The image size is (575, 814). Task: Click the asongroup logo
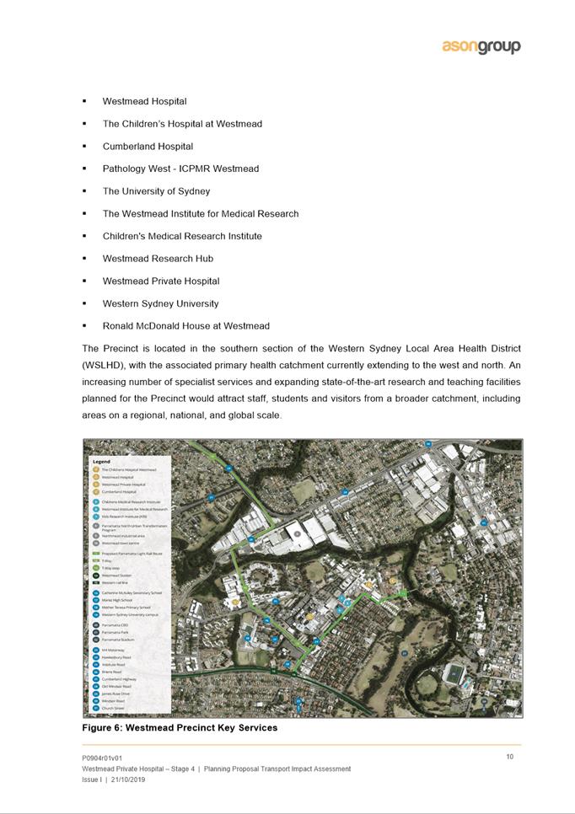(481, 47)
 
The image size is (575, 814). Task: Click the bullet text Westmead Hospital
(144, 101)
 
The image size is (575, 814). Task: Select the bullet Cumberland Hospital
(148, 147)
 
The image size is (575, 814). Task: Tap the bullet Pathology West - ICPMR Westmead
(180, 169)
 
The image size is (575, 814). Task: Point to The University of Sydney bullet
(156, 191)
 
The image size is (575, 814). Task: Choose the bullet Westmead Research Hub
(158, 259)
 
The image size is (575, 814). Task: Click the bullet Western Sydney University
(160, 303)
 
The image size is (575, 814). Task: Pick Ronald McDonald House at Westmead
(185, 326)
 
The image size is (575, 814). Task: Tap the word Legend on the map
(101, 462)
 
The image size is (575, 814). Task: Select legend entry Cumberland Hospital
(119, 491)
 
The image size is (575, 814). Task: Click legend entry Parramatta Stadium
(117, 640)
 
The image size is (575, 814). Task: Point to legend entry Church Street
(113, 709)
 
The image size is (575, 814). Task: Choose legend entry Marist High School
(117, 600)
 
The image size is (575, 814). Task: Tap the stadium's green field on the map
(455, 673)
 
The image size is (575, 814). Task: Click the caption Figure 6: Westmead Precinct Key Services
(179, 727)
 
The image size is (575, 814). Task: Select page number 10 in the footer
(510, 757)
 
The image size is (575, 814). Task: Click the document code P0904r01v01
(102, 758)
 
